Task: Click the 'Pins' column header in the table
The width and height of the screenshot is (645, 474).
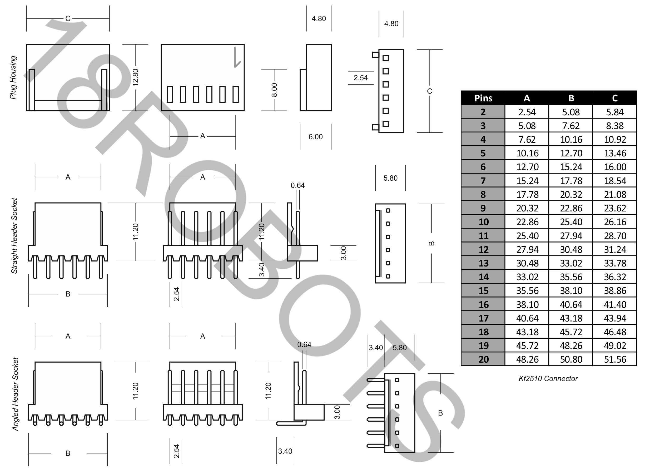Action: [x=483, y=98]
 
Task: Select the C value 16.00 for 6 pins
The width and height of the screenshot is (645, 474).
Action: [x=615, y=167]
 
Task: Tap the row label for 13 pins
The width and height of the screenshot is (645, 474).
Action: [x=483, y=263]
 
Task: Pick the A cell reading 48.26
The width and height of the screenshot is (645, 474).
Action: [x=527, y=359]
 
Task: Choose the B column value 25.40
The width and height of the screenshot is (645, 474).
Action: [x=571, y=222]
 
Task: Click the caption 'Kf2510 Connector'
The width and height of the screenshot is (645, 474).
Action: [x=548, y=379]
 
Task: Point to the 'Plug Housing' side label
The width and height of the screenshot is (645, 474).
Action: [x=13, y=77]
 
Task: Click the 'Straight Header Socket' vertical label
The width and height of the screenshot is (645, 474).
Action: [x=14, y=236]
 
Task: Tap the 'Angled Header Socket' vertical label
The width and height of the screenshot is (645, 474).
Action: [x=15, y=394]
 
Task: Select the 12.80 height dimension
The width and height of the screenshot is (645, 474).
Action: [x=135, y=77]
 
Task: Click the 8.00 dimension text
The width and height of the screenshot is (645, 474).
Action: [x=274, y=90]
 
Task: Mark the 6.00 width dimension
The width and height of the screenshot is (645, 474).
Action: [x=315, y=137]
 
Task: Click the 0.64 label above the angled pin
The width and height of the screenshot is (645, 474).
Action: [x=304, y=345]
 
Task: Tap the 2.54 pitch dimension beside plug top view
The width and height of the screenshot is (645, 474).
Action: [x=360, y=78]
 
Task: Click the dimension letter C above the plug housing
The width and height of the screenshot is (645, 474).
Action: [x=68, y=19]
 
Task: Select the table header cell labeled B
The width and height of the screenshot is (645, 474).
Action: [x=571, y=98]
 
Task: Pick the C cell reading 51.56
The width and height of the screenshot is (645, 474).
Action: [x=615, y=359]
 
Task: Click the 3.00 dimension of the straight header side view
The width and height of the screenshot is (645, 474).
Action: [x=343, y=253]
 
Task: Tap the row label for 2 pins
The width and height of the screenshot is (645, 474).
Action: [x=483, y=112]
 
